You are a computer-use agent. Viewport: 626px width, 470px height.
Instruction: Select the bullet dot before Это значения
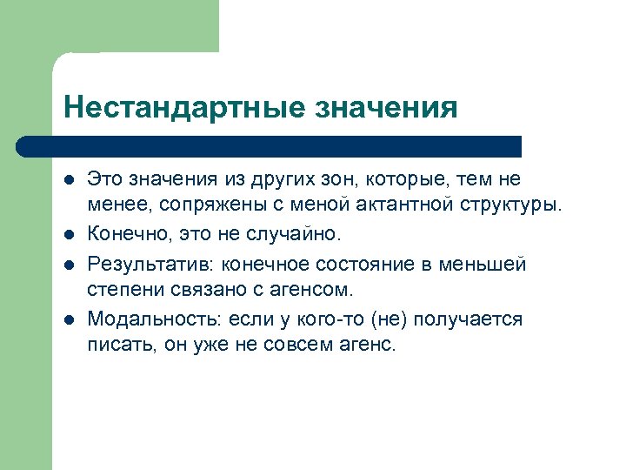pyautogui.click(x=69, y=180)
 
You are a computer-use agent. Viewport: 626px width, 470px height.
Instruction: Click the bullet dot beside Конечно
pyautogui.click(x=69, y=236)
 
